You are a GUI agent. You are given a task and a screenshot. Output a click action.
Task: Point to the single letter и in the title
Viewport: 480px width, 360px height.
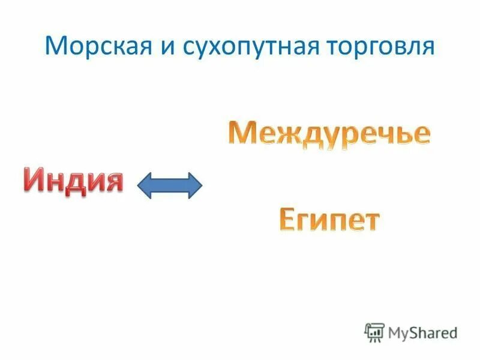(162, 47)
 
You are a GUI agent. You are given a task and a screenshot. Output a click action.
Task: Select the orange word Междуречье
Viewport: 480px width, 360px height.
(329, 133)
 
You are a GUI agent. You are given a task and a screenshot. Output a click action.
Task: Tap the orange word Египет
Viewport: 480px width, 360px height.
(329, 220)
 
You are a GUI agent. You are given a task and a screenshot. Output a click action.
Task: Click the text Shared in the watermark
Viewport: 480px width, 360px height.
(433, 332)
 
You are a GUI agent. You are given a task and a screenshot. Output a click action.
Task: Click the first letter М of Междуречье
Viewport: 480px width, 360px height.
(241, 133)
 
